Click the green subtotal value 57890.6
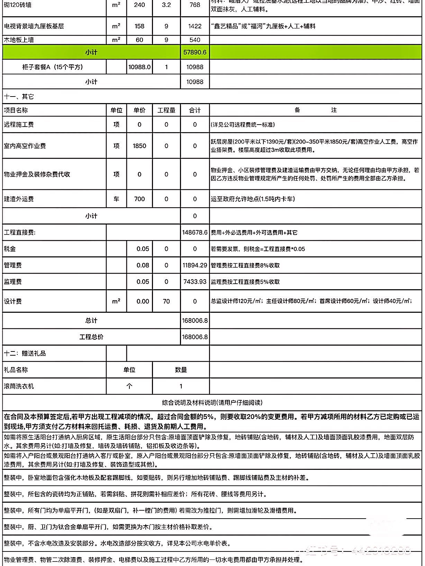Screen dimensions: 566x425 195,52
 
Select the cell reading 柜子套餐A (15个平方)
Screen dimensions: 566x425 53,67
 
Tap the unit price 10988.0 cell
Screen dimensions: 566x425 139,67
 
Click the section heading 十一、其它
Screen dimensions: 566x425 19,97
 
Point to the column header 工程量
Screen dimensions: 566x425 166,110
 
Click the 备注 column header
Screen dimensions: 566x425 315,110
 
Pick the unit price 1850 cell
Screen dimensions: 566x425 139,146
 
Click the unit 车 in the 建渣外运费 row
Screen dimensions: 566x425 116,199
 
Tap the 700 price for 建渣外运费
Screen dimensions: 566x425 139,199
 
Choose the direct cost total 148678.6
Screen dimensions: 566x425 195,232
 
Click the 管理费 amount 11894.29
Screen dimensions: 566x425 195,265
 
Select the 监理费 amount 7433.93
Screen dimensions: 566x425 195,282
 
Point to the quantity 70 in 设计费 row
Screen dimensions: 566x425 166,301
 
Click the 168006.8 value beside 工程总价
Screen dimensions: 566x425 195,337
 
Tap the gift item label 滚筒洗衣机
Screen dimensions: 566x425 19,386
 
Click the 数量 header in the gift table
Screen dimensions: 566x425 181,370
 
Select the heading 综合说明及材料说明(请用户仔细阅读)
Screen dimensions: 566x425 212,403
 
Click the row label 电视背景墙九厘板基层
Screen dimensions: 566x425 34,26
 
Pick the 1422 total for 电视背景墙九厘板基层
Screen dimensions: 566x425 195,26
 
